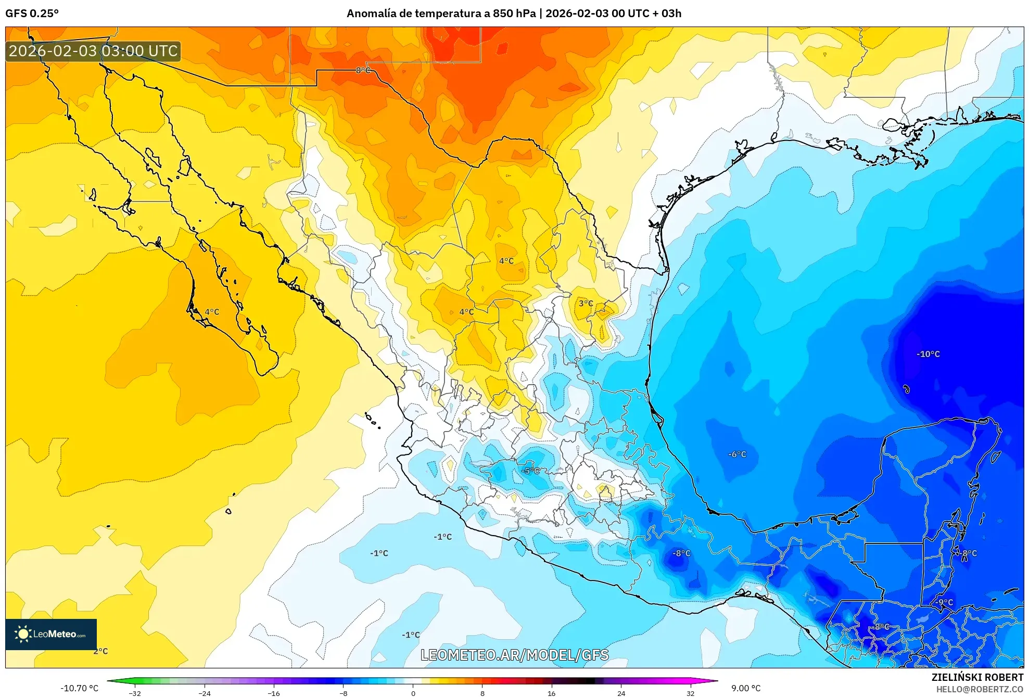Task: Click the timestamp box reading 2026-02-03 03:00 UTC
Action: [93, 51]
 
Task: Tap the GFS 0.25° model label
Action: [32, 14]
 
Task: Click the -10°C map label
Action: [928, 354]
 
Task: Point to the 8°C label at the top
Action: [363, 70]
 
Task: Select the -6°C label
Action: [737, 454]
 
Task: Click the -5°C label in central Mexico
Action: [530, 471]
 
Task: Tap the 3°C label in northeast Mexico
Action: [586, 303]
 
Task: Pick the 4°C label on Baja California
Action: [212, 312]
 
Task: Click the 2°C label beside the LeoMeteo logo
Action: [100, 652]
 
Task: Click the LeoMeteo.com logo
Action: [51, 634]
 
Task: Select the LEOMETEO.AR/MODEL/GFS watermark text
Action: [514, 655]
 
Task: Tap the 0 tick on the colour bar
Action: [413, 693]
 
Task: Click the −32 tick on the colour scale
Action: [135, 693]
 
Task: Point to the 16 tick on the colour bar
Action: [552, 693]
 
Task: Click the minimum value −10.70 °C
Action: [79, 688]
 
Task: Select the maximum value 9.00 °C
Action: [746, 688]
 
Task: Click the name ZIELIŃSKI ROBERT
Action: [977, 677]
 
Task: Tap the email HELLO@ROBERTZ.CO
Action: [980, 690]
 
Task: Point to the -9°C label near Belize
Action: [945, 603]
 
